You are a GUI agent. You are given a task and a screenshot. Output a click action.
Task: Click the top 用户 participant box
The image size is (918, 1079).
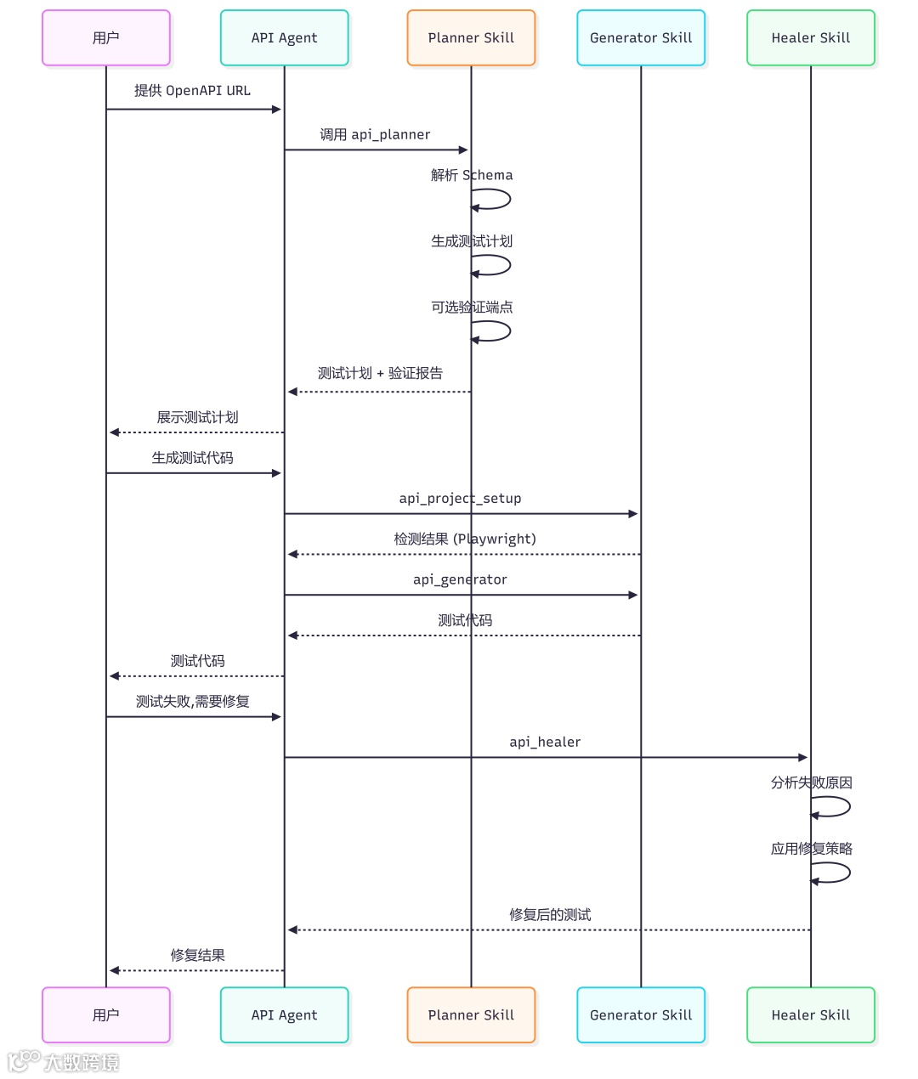point(106,38)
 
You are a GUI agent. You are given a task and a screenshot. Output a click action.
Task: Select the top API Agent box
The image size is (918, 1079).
point(284,38)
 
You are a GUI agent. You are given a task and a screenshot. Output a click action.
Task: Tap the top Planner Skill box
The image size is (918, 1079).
point(471,38)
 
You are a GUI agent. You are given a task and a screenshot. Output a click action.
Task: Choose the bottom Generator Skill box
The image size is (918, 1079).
point(641,1015)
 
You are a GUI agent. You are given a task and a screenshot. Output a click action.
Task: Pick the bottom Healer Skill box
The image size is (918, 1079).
point(811,1015)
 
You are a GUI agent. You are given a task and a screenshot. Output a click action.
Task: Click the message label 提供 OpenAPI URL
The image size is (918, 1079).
point(192,91)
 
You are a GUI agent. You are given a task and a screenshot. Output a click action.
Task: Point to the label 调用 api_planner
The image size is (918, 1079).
point(375,135)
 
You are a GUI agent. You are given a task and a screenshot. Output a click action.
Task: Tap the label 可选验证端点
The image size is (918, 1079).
point(472,308)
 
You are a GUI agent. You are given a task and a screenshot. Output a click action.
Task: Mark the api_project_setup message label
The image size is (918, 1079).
point(460,499)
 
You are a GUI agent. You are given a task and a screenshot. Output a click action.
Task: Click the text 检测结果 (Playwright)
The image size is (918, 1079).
point(464,539)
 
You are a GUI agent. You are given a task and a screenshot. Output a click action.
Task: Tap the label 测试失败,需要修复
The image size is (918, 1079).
point(193,702)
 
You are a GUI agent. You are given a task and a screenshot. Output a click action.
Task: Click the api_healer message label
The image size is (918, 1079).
point(545,743)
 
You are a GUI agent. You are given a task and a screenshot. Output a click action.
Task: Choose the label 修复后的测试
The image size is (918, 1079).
point(550,915)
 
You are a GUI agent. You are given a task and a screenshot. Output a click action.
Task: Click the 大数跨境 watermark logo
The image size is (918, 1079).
point(64,1062)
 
